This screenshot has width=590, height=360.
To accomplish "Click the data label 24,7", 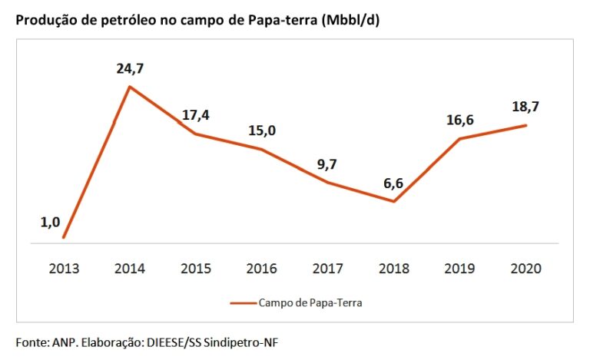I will click(130, 69).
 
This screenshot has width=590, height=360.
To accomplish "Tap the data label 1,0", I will click(50, 223).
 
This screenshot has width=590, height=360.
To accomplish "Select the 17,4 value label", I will click(195, 116).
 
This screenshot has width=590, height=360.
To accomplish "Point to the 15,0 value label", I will click(261, 131).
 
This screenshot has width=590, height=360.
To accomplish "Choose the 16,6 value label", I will click(459, 120).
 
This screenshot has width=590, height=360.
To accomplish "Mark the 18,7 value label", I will click(525, 107).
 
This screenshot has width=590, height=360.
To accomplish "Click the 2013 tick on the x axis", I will click(64, 269).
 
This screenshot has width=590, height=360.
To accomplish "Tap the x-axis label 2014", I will click(130, 269).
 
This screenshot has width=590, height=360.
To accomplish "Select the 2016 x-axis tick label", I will click(262, 269).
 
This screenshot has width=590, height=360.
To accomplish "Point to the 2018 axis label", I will click(393, 269).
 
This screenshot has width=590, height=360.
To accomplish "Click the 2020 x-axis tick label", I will click(525, 269).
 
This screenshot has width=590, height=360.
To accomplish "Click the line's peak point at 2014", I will click(130, 87).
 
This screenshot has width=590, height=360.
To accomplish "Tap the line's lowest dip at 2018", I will click(393, 201).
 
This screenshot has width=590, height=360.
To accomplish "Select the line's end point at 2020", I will click(525, 125).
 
